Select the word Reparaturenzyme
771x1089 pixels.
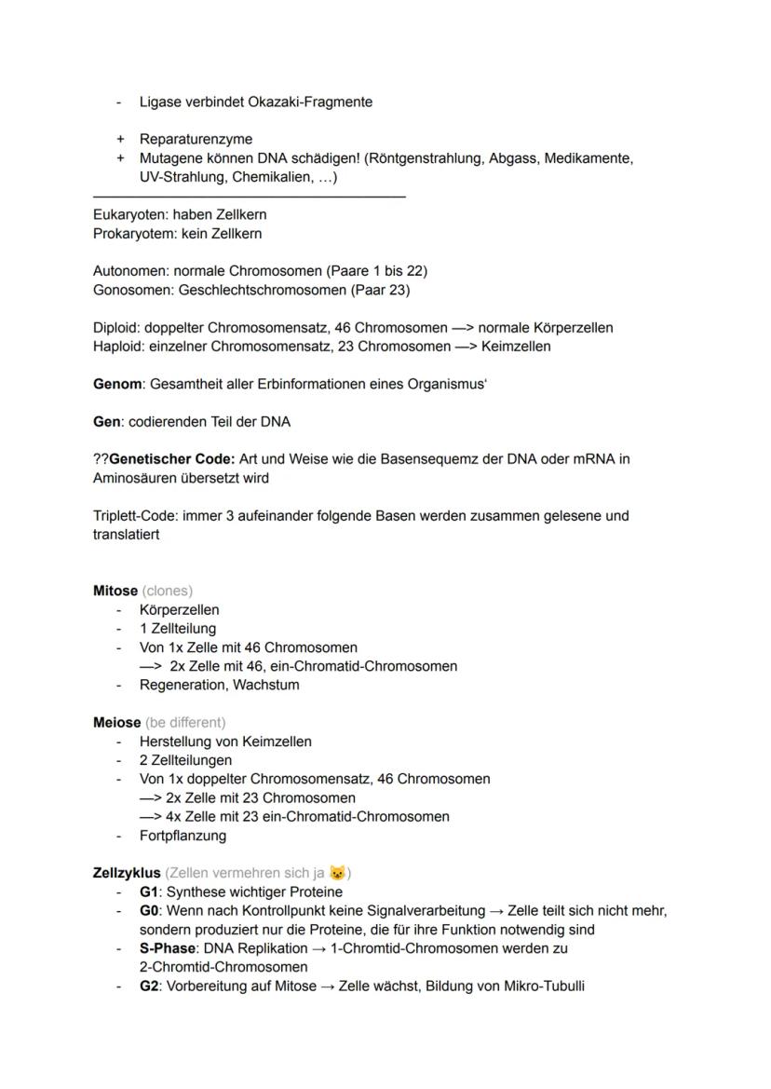[x=196, y=140]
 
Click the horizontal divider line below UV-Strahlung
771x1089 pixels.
[x=250, y=197]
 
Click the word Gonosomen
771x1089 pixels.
[x=131, y=290]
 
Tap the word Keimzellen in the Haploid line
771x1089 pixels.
[x=516, y=347]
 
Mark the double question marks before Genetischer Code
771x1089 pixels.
[x=101, y=459]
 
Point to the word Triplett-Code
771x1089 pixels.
[x=136, y=515]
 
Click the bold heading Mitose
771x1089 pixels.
[x=115, y=591]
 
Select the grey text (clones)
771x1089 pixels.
[x=168, y=591]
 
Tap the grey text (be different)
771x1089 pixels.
[x=185, y=722]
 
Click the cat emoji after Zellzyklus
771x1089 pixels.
[x=337, y=873]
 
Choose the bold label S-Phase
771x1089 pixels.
[x=168, y=948]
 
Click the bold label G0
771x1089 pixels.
[x=150, y=910]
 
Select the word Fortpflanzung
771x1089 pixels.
[x=183, y=836]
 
